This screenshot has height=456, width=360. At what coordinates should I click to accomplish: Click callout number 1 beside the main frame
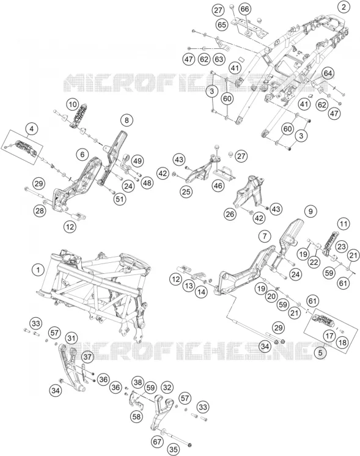coord(38,270)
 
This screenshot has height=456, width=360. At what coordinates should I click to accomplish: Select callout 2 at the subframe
coord(343,7)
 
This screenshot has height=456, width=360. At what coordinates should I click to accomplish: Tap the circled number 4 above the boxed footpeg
coord(31,129)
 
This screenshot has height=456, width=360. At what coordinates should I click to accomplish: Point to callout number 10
coord(73,105)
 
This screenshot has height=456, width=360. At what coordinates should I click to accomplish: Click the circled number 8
coord(127,120)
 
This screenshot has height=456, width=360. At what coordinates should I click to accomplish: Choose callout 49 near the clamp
coord(138,161)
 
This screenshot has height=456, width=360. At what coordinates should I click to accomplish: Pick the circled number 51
coord(120,199)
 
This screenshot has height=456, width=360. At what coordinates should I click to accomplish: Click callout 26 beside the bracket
coord(230,215)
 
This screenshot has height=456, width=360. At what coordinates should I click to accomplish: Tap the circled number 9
coord(310,211)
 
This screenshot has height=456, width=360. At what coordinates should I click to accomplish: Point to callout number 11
coord(343,224)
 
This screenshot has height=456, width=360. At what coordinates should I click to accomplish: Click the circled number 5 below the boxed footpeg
coord(320,353)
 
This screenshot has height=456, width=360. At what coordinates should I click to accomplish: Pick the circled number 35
coord(174,450)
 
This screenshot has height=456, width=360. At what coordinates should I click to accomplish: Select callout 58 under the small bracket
coord(136,416)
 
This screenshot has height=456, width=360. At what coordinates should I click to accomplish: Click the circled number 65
coord(222,24)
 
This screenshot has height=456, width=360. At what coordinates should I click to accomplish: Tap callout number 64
coord(328,73)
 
